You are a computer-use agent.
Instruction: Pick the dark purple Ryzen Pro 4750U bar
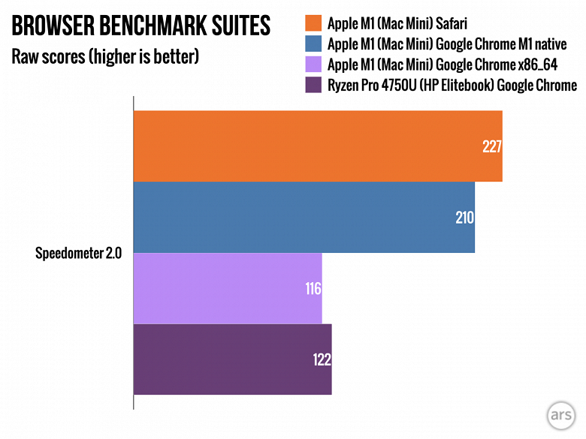pos(232,359)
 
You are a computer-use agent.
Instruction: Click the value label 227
pos(491,147)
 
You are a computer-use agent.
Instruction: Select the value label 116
pos(313,289)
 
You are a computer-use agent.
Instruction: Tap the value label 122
pos(322,359)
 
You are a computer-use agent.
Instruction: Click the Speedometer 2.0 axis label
pos(73,252)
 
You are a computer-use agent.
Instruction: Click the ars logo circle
pos(560,413)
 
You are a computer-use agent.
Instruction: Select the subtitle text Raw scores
pos(44,57)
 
